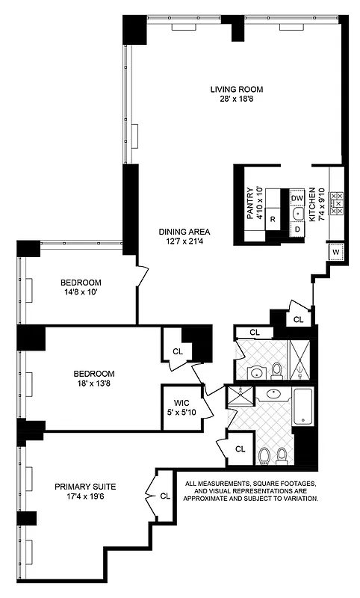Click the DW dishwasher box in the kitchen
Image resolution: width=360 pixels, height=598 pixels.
coord(297,198)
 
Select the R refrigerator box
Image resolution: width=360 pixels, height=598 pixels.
coord(273,219)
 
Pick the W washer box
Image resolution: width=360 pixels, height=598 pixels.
coord(336,252)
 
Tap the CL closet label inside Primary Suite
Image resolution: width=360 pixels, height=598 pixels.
coord(164,495)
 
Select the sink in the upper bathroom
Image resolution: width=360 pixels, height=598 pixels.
coord(255,372)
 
